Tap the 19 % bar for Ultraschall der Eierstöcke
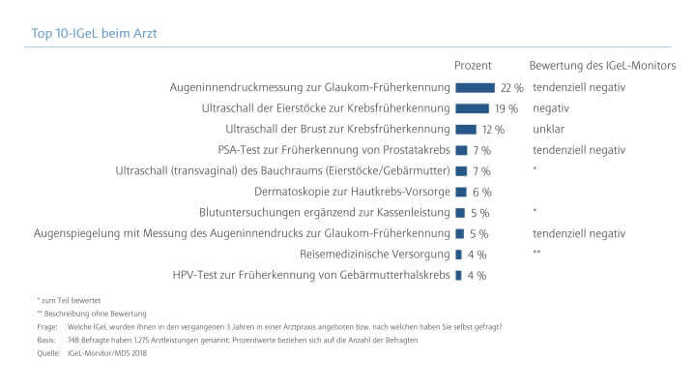click(471, 108)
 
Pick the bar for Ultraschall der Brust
click(465, 129)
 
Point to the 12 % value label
click(494, 129)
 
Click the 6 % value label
click(482, 192)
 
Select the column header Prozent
click(474, 65)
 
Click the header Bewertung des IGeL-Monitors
click(602, 65)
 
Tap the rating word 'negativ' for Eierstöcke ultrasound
click(550, 108)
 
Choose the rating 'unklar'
click(548, 129)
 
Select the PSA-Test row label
click(334, 150)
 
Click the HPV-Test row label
click(311, 275)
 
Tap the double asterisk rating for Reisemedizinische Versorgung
click(536, 254)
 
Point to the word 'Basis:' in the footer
click(45, 341)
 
